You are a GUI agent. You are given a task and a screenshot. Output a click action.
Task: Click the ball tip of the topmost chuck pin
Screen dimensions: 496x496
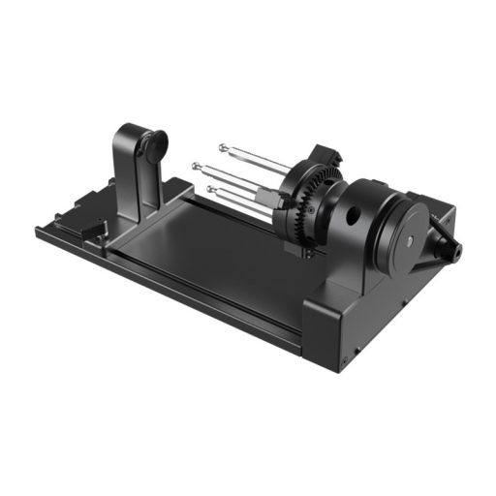click(223, 148)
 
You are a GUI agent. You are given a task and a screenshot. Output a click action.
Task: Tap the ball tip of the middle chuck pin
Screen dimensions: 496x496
click(197, 167)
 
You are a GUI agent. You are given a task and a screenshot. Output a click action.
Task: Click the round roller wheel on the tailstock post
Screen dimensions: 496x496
click(153, 146)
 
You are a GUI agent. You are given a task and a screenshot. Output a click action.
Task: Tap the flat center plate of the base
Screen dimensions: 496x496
click(208, 247)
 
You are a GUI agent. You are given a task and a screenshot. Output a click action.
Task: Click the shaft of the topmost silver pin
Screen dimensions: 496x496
click(257, 158)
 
